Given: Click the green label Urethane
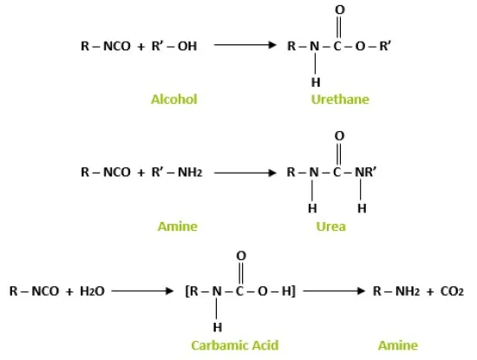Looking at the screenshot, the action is click(x=340, y=100).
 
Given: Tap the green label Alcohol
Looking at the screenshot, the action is click(x=174, y=100).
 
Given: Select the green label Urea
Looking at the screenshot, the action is click(x=331, y=226).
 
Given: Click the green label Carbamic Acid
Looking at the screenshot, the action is click(x=235, y=345).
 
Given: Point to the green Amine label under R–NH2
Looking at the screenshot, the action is click(x=398, y=345).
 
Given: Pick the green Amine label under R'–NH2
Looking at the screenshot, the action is click(x=178, y=226).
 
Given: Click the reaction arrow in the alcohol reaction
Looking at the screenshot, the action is click(x=245, y=45).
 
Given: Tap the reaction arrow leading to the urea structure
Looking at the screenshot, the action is click(x=245, y=173).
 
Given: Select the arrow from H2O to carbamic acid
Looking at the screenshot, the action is click(x=142, y=291).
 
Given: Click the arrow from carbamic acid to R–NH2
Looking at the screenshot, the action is click(x=334, y=291).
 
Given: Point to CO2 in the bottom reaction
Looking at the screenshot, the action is click(x=452, y=291).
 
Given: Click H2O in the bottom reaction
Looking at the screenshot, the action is click(x=92, y=291).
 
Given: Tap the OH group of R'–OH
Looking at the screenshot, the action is click(x=187, y=46).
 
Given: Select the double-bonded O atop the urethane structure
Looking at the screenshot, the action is click(x=340, y=10).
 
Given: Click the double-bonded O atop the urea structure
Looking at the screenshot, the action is click(x=339, y=135).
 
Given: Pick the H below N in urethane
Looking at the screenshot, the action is click(x=316, y=82).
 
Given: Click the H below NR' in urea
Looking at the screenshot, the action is click(x=362, y=208).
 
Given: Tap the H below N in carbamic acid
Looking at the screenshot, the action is click(x=217, y=327).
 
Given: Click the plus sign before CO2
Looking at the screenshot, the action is click(x=430, y=291).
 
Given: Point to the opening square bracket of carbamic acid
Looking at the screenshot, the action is click(x=187, y=291).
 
